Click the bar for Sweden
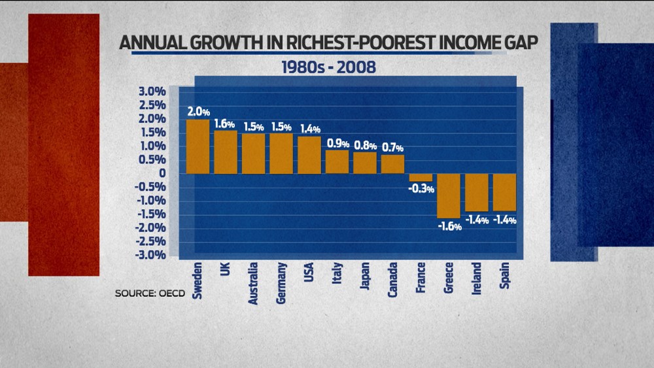coord(198,146)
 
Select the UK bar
coord(226,152)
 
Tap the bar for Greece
coord(449,195)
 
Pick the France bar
coord(421,177)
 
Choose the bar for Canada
coord(392,164)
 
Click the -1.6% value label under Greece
coord(450,227)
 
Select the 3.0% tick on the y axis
coord(152,92)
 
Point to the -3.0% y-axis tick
coord(150,255)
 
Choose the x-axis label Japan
coord(366,279)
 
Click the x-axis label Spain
coord(505,277)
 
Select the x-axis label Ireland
coord(477,278)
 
